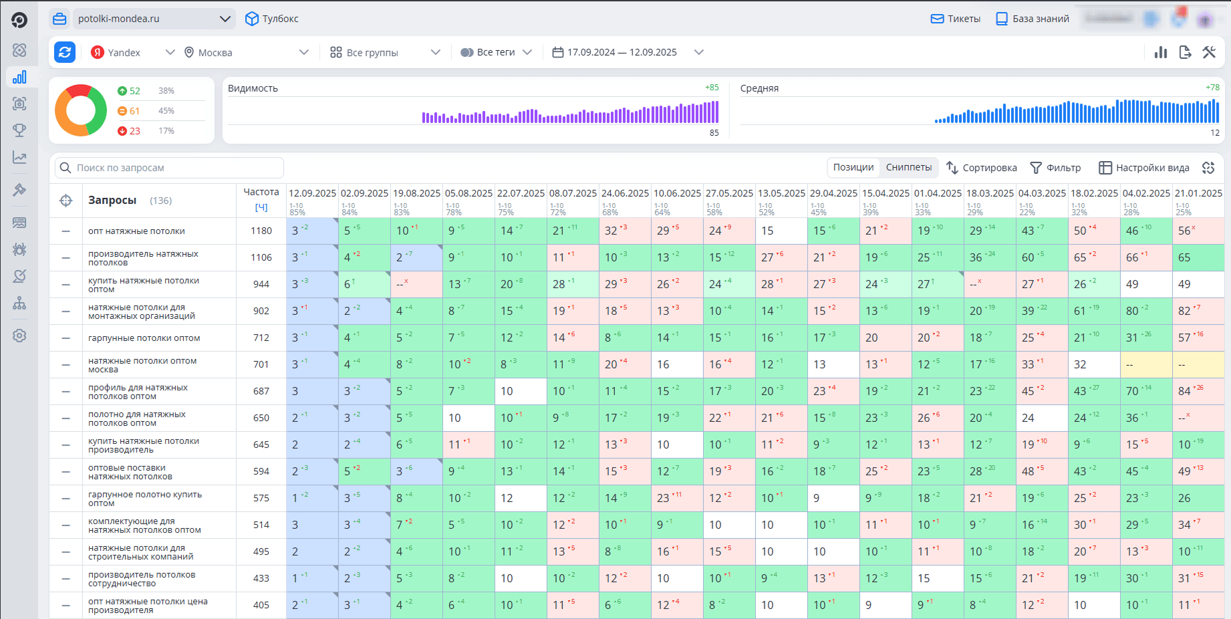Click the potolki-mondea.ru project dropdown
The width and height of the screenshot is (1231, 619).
[153, 19]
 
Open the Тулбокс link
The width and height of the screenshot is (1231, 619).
[272, 19]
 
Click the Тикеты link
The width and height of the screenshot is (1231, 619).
[956, 19]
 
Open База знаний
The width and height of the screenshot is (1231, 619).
[1033, 19]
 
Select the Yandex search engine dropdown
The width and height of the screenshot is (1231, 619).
[132, 52]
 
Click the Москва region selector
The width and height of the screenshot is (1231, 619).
[246, 52]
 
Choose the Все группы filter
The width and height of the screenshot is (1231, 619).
[385, 52]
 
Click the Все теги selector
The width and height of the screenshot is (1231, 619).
[496, 52]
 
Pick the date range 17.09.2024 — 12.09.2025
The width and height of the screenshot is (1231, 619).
[628, 52]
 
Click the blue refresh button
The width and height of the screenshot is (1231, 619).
[65, 52]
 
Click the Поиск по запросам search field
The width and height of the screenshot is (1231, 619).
[170, 168]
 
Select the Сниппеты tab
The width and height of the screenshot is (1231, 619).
[909, 167]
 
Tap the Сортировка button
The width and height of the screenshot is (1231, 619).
[981, 168]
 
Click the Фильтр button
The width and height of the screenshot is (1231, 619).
[1055, 168]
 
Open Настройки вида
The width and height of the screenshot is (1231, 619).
[1144, 168]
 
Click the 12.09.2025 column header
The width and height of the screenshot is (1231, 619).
[312, 193]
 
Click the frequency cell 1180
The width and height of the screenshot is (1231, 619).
[261, 231]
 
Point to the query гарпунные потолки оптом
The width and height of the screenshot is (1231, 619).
[144, 338]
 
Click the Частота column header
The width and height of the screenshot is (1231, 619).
[261, 192]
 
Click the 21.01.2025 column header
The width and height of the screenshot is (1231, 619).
[1198, 193]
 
